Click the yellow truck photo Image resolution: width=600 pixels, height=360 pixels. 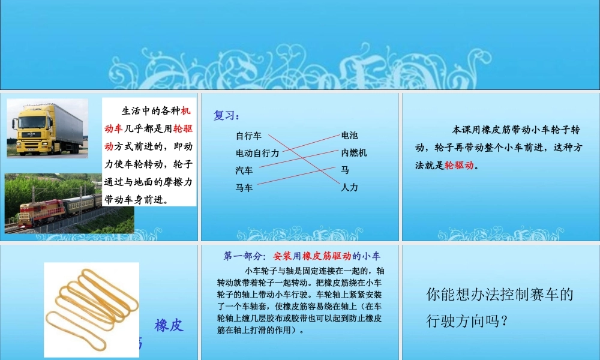(x=47, y=128)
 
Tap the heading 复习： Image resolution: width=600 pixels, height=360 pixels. (x=227, y=116)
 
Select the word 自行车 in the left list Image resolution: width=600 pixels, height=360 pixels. (x=248, y=136)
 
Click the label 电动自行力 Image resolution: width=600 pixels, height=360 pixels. (x=257, y=153)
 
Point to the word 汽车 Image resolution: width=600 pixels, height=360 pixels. (x=244, y=170)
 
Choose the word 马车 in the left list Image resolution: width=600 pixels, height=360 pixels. (x=244, y=188)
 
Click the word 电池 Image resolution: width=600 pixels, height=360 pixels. (x=349, y=136)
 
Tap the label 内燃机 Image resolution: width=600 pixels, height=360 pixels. (x=353, y=153)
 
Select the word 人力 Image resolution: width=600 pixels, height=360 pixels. (x=349, y=188)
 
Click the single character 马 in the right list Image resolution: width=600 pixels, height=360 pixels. (x=345, y=170)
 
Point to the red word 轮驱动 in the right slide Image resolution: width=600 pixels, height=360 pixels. (x=459, y=166)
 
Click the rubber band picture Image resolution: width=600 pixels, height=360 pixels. (x=91, y=309)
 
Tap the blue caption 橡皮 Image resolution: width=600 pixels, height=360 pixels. (x=169, y=326)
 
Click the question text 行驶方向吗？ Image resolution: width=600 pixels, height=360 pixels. (x=467, y=321)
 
